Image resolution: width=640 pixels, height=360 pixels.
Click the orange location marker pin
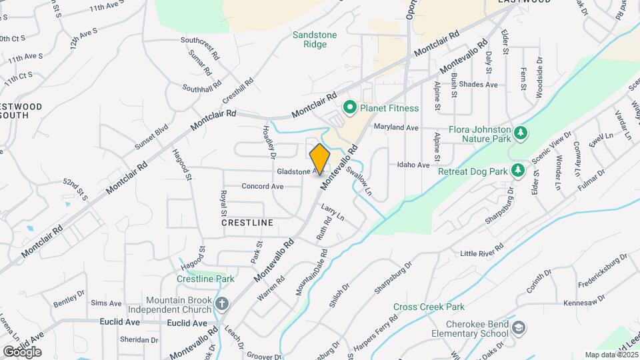click(x=320, y=159)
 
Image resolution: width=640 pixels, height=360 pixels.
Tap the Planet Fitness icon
click(x=348, y=108)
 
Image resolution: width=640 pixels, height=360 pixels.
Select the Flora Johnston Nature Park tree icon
click(x=521, y=134)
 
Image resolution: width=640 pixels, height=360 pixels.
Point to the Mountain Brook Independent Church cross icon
click(x=222, y=304)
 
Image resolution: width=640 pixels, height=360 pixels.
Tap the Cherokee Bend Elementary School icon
click(x=519, y=327)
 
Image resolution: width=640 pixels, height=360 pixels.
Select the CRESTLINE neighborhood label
click(x=247, y=223)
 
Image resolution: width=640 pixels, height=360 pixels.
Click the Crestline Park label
click(x=205, y=279)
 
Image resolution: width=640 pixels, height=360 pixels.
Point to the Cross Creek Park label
click(x=428, y=307)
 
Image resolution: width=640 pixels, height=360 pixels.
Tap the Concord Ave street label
click(x=263, y=187)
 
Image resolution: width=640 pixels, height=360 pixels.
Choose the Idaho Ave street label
click(x=413, y=165)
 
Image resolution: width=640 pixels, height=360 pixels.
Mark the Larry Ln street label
click(x=332, y=213)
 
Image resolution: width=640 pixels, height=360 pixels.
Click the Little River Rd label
click(x=482, y=253)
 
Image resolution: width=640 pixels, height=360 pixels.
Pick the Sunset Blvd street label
click(x=151, y=136)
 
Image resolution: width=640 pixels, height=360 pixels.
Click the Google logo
click(x=22, y=351)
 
